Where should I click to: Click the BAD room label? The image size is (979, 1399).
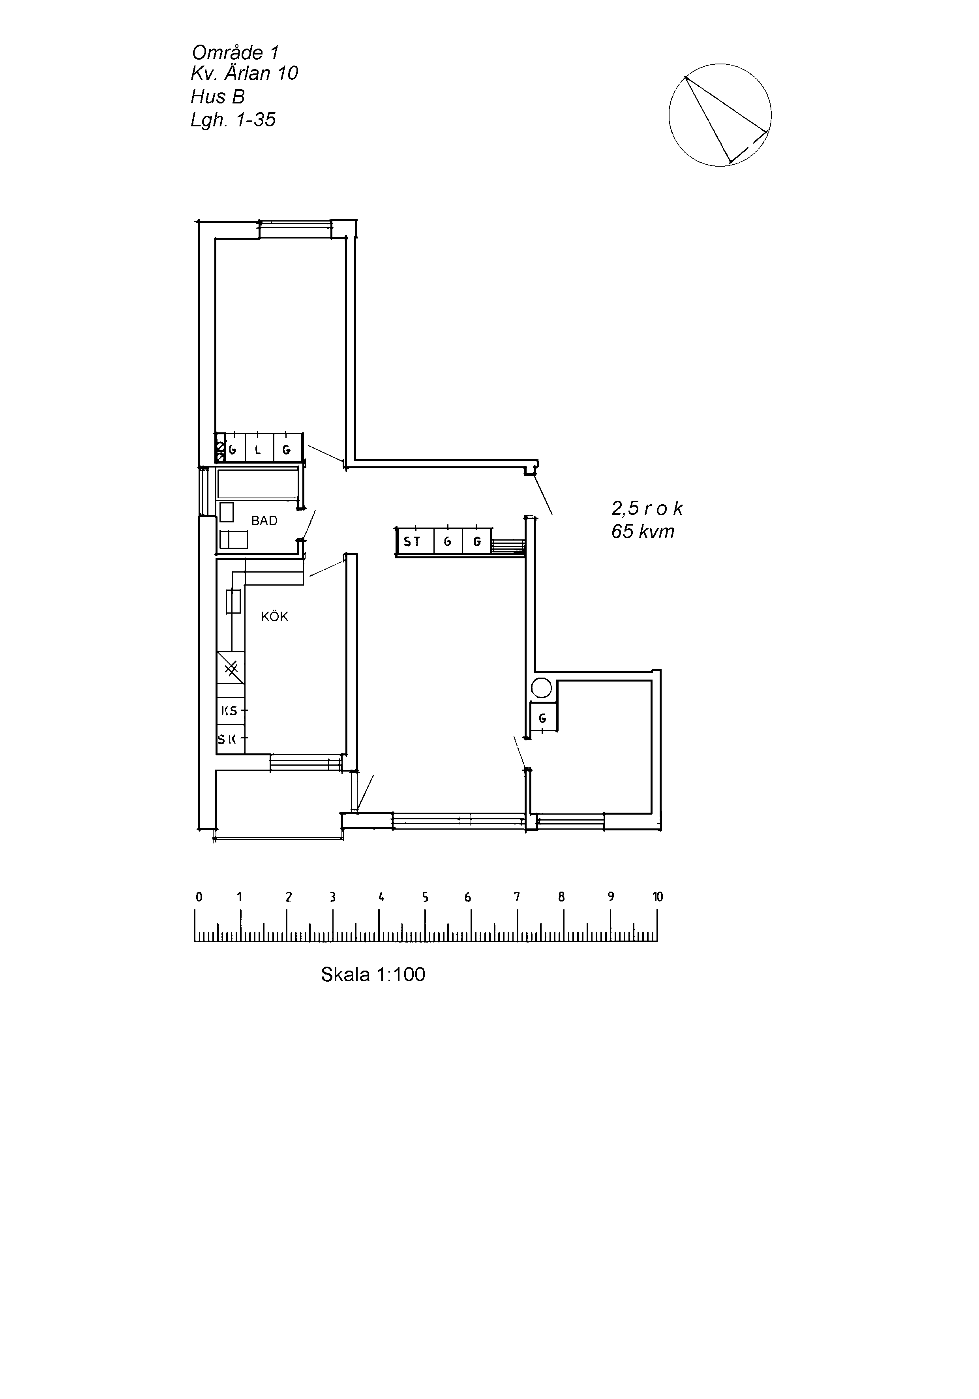pos(264,521)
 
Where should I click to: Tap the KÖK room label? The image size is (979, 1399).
pos(274,617)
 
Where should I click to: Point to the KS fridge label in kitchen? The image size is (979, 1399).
pos(229,710)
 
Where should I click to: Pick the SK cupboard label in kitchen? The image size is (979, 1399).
pos(227,740)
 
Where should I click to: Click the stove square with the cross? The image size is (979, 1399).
pos(231,668)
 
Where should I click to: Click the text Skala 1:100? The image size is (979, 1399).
pos(373,974)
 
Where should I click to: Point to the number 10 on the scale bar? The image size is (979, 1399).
pos(657,896)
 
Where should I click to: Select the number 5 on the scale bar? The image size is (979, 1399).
pos(425,897)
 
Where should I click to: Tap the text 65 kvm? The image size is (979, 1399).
pos(643,531)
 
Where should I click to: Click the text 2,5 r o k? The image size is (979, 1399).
pos(647,509)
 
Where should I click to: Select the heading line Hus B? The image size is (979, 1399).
pos(218,96)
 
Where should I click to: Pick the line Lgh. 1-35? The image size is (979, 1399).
pos(233,119)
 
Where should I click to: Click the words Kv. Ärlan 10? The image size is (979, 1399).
pos(244,73)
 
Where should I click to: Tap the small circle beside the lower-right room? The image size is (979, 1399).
pos(541,688)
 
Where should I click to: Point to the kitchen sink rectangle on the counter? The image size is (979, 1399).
pos(233,601)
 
